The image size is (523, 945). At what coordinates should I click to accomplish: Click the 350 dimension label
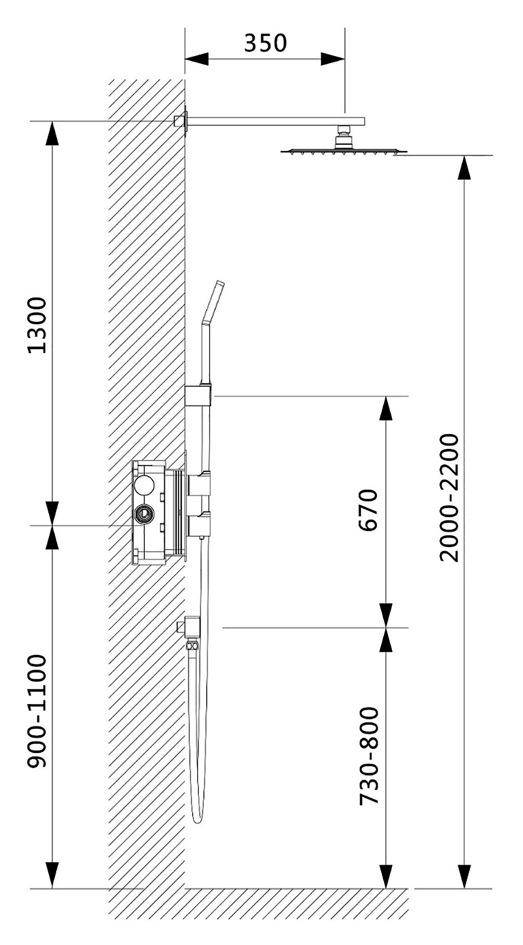(265, 43)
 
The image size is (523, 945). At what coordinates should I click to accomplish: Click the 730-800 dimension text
(369, 755)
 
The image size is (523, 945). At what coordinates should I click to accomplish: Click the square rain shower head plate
(344, 151)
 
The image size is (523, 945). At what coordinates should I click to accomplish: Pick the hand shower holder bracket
(197, 395)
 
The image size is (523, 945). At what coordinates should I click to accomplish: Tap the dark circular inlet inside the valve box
(143, 513)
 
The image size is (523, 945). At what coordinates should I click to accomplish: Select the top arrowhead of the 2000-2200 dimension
(465, 168)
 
